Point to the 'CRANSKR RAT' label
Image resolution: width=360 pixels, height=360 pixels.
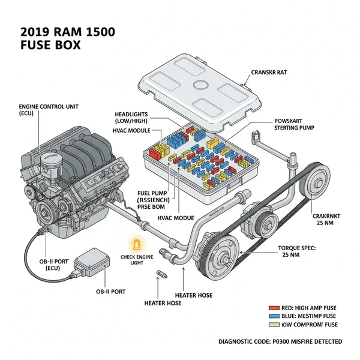(269, 72)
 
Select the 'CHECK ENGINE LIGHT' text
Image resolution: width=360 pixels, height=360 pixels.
(137, 260)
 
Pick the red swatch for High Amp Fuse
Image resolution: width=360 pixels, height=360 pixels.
(274, 307)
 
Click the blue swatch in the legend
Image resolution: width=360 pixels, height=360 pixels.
(274, 315)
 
